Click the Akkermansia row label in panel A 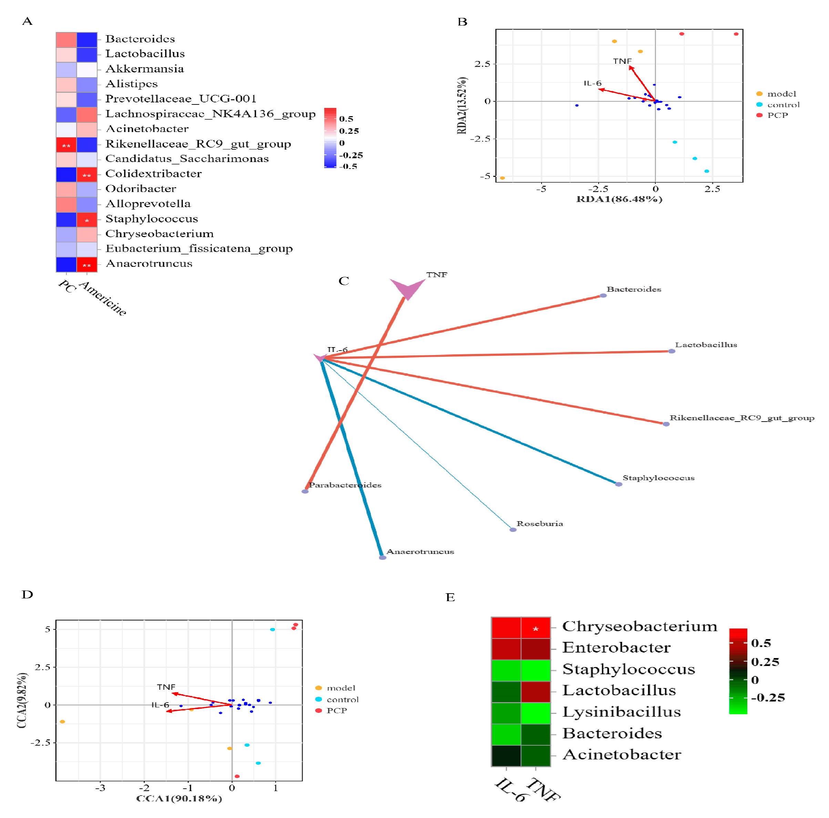pyautogui.click(x=145, y=69)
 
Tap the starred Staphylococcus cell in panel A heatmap pyautogui.click(x=87, y=220)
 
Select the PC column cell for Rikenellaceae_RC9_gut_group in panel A pyautogui.click(x=66, y=145)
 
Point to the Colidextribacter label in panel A pyautogui.click(x=153, y=173)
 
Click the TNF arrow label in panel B pyautogui.click(x=622, y=61)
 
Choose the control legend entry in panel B pyautogui.click(x=783, y=105)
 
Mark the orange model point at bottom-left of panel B pyautogui.click(x=502, y=178)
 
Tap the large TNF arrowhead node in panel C pyautogui.click(x=407, y=288)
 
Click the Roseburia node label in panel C pyautogui.click(x=539, y=524)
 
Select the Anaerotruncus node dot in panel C pyautogui.click(x=382, y=557)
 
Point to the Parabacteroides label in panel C pyautogui.click(x=345, y=485)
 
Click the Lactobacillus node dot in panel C pyautogui.click(x=672, y=351)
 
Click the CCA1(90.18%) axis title pyautogui.click(x=179, y=798)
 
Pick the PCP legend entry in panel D pyautogui.click(x=336, y=711)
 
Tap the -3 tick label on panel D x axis pyautogui.click(x=100, y=788)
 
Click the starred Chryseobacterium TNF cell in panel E pyautogui.click(x=535, y=628)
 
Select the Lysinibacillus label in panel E pyautogui.click(x=621, y=712)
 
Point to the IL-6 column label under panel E pyautogui.click(x=510, y=790)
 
